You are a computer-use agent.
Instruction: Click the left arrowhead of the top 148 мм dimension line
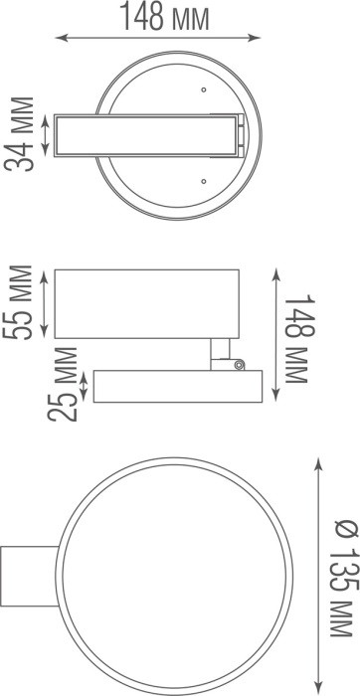[x=59, y=39]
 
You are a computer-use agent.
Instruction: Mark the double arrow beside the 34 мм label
[x=45, y=135]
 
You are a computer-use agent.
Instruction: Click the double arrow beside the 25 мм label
[x=87, y=386]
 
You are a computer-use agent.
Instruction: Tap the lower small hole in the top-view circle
[x=203, y=181]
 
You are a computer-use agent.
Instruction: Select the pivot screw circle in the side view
[x=239, y=365]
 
